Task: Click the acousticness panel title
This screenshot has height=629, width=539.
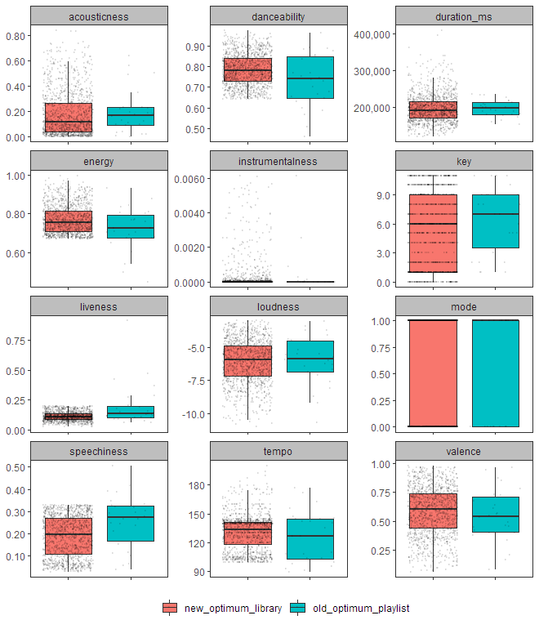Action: [x=99, y=16]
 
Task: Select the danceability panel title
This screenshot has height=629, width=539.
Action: [x=278, y=16]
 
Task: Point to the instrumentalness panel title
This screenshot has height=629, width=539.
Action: [x=278, y=161]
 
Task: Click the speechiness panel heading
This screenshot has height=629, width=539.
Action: [x=99, y=452]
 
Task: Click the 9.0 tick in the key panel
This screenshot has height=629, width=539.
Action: [x=381, y=195]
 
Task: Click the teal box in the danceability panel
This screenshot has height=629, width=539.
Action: [x=310, y=78]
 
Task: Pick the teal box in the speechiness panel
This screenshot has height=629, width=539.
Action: [x=131, y=523]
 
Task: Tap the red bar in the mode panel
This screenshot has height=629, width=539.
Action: [x=433, y=373]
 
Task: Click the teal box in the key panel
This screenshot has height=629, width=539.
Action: [x=496, y=221]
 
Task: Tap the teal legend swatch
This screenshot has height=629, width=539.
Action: [x=297, y=609]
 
